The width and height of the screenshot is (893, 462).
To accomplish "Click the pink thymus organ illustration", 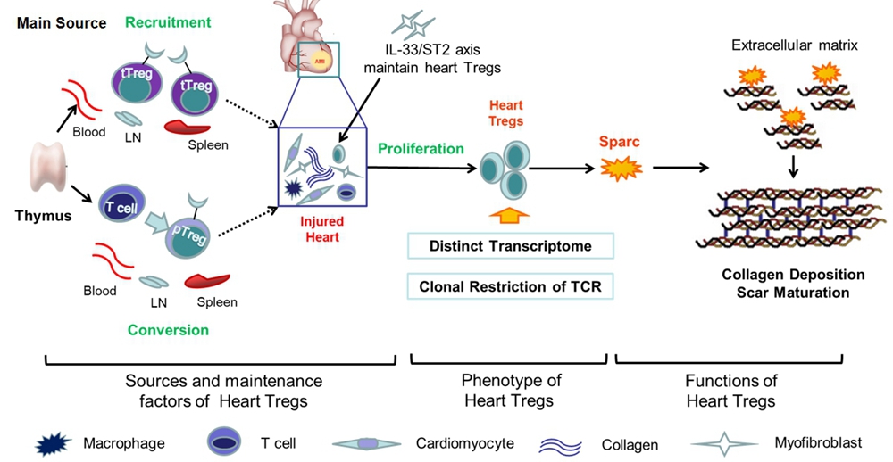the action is pyautogui.click(x=49, y=166).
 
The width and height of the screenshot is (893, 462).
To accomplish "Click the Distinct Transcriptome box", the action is pyautogui.click(x=510, y=246).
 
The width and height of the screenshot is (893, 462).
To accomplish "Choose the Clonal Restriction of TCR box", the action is pyautogui.click(x=510, y=286).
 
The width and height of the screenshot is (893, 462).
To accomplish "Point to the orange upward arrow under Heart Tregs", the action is pyautogui.click(x=509, y=215).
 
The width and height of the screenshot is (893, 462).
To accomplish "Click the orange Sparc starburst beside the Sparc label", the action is pyautogui.click(x=622, y=168).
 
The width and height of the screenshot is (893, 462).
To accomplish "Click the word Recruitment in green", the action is pyautogui.click(x=168, y=23).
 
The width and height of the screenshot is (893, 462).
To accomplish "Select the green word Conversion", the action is pyautogui.click(x=168, y=331).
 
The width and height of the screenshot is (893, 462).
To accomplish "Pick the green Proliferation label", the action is pyautogui.click(x=421, y=149).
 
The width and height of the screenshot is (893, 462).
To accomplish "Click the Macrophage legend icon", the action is pyautogui.click(x=54, y=443).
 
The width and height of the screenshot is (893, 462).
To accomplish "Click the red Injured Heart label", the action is pyautogui.click(x=322, y=229).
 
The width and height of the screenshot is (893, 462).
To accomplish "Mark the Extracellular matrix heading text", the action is pyautogui.click(x=795, y=45).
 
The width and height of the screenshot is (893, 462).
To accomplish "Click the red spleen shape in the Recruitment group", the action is pyautogui.click(x=188, y=127).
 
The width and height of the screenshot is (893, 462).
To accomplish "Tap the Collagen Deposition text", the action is pyautogui.click(x=793, y=275).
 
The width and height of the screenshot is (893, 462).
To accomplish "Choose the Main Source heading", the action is pyautogui.click(x=62, y=23).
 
